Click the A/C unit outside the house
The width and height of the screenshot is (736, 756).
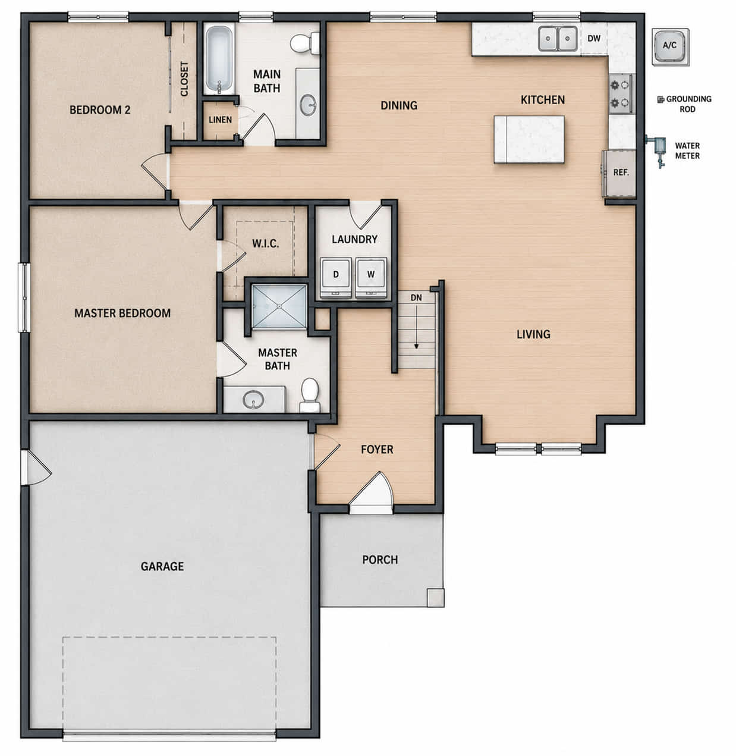671,46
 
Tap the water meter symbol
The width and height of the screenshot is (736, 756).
658,149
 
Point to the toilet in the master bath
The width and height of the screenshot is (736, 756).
310,395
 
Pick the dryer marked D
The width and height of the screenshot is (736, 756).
336,278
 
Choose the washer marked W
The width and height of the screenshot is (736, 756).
371,278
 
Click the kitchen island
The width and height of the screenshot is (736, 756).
529,139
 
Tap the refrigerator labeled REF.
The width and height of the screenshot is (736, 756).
619,173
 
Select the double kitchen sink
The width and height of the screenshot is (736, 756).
558,39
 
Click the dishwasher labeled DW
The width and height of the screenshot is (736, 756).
594,39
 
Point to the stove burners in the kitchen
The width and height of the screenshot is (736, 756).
620,93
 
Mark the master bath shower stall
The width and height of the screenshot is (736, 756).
279,307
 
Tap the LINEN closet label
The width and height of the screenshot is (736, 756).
220,120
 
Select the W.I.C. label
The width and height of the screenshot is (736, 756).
266,244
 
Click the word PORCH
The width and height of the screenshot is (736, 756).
380,560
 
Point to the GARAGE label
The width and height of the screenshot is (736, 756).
162,566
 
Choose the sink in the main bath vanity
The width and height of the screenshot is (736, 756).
309,105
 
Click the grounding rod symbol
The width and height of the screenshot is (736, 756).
660,100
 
